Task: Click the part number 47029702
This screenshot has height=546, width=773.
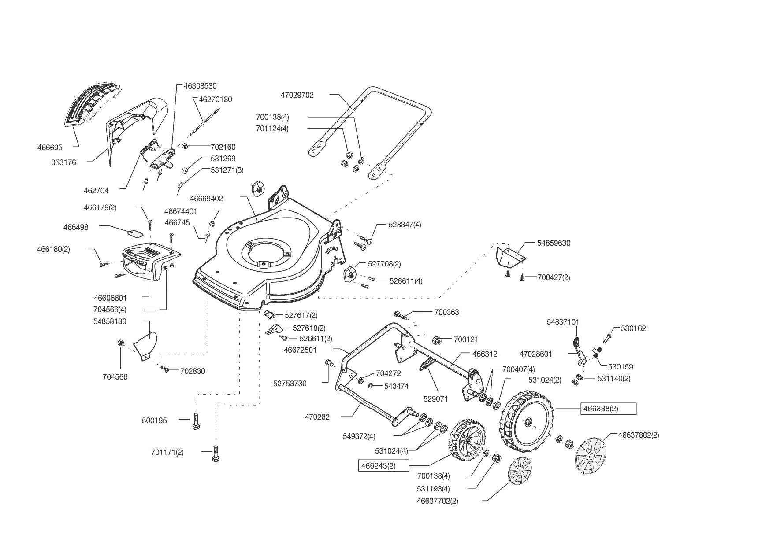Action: [x=297, y=95]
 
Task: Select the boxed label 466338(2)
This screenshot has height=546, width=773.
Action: [x=608, y=409]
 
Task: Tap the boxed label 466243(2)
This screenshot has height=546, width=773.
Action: [x=383, y=466]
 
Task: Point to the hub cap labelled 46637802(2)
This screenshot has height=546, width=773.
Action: [x=591, y=456]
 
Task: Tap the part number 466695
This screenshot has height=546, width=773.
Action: [x=50, y=148]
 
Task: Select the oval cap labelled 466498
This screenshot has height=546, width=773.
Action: [x=135, y=232]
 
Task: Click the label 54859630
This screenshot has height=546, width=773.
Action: [x=554, y=243]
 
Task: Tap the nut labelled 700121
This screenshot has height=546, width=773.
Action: [x=436, y=340]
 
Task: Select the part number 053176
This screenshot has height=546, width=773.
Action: [x=63, y=162]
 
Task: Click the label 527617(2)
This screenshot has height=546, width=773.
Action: [x=301, y=315]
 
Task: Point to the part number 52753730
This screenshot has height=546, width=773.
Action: [x=290, y=384]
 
